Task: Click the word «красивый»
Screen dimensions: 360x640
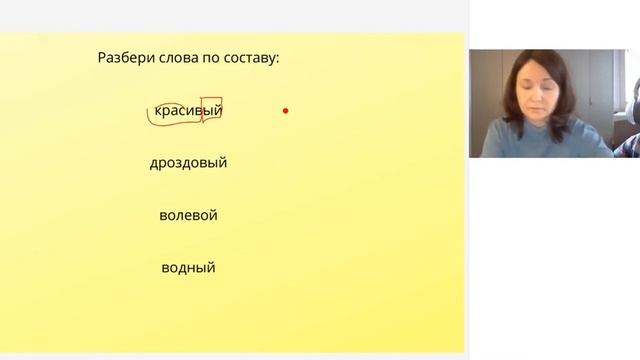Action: point(188,110)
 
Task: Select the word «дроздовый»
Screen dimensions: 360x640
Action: point(188,162)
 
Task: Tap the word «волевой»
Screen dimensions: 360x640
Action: point(188,215)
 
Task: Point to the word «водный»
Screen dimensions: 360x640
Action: point(188,268)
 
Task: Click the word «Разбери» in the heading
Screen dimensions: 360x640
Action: point(123,58)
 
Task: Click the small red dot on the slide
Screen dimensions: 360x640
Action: point(285,110)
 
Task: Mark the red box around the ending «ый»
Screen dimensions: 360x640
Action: point(211,110)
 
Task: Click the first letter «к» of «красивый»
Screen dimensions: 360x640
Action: point(159,110)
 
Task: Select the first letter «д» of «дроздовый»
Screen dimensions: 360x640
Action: point(154,163)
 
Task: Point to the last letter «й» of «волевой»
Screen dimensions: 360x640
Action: point(213,215)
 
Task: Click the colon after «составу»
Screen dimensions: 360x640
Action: point(277,60)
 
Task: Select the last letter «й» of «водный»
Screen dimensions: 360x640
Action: point(211,268)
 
